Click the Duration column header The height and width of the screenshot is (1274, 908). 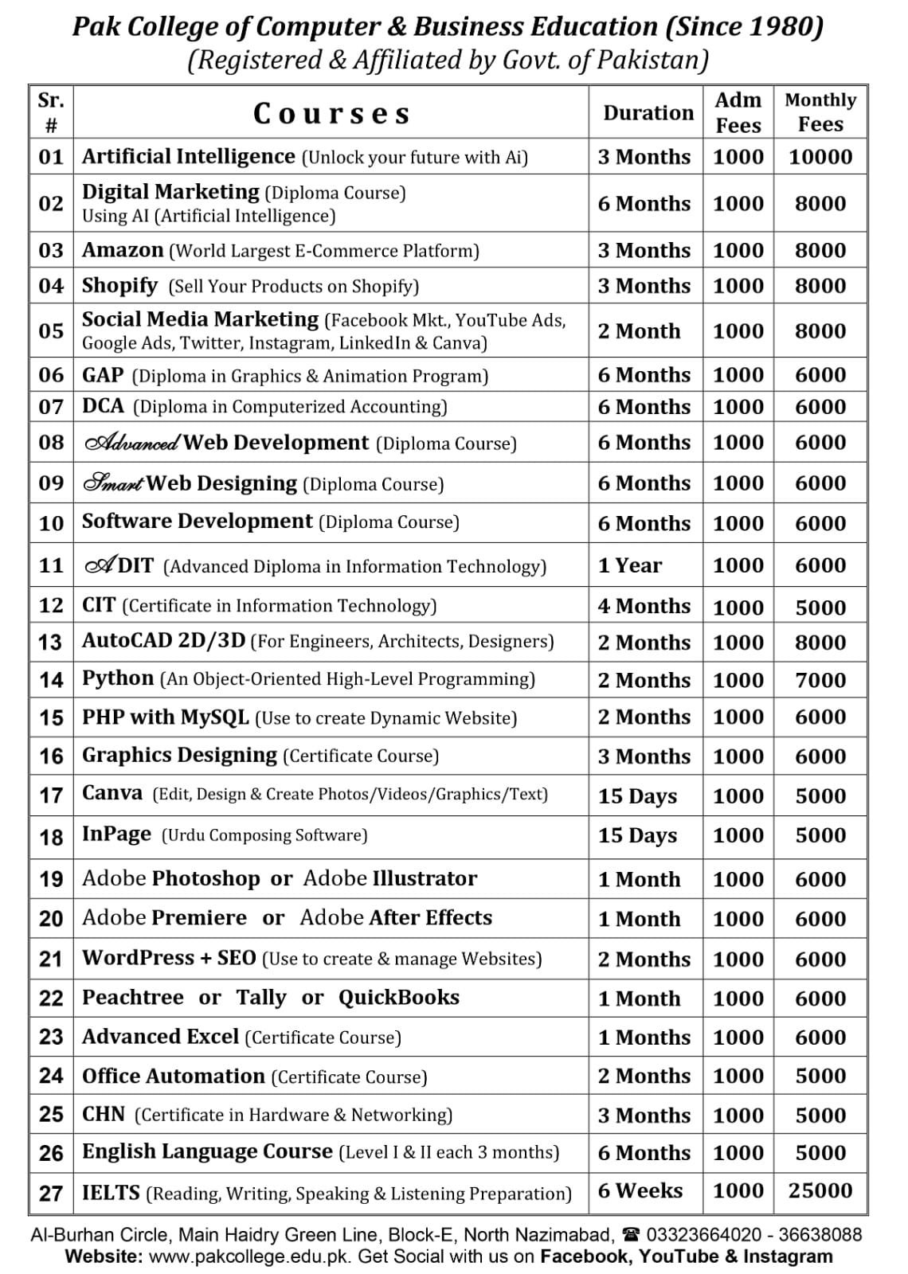tap(648, 113)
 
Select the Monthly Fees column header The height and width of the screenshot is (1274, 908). tap(820, 112)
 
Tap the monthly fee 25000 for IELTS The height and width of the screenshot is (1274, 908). tap(820, 1190)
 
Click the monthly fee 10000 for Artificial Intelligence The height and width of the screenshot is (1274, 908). tap(820, 157)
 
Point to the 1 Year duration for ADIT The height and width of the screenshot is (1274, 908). tap(629, 565)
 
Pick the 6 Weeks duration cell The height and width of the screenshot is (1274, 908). tap(640, 1190)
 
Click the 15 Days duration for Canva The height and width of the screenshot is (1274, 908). tap(637, 795)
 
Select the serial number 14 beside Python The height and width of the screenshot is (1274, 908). tap(51, 680)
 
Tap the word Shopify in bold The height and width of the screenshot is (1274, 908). tap(119, 285)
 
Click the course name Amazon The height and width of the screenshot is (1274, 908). tap(122, 250)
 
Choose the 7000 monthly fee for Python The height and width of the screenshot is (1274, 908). tap(820, 680)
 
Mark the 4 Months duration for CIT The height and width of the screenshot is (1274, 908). tap(644, 606)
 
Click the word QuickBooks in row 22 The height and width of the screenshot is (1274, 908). tap(398, 998)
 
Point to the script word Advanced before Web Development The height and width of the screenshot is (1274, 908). tap(132, 443)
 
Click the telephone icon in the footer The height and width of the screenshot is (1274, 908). tap(632, 1235)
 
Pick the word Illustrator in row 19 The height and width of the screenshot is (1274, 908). tap(424, 878)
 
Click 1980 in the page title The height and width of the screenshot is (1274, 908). tap(784, 27)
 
